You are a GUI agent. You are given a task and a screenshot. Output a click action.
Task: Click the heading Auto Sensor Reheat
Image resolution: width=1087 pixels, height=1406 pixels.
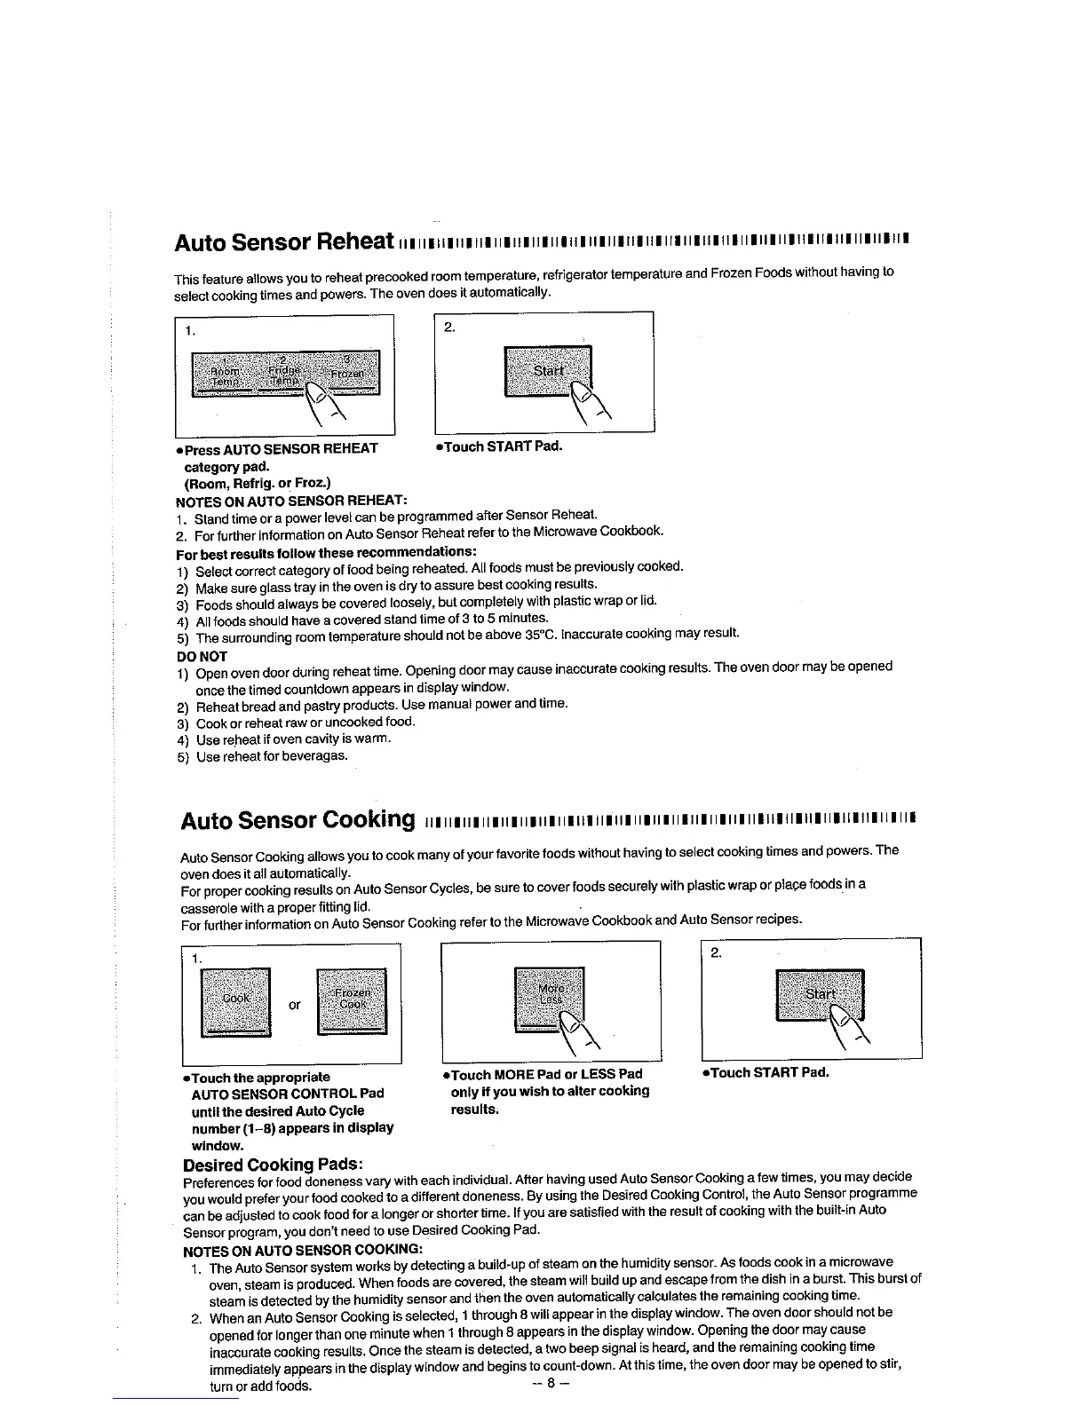[284, 241]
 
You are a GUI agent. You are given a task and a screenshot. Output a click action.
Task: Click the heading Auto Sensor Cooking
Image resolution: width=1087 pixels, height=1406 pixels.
[298, 819]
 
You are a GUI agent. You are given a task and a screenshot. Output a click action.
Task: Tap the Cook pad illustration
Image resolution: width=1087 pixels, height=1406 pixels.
[236, 999]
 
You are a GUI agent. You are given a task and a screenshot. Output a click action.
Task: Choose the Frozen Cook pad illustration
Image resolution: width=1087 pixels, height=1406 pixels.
[353, 999]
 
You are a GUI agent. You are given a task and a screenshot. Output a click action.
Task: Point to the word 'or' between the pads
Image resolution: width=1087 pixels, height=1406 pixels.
[294, 1005]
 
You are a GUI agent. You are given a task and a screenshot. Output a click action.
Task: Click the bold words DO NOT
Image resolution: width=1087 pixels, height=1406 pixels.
[202, 657]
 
